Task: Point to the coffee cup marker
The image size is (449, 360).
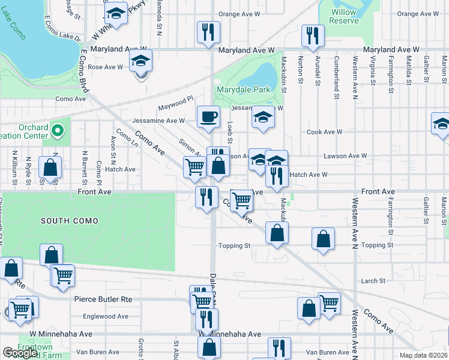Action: tap(208, 116)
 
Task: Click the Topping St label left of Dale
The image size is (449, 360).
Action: tap(234, 246)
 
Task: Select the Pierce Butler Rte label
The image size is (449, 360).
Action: tap(103, 298)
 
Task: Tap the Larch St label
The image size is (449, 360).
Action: tap(373, 281)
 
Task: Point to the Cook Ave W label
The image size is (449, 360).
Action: tap(324, 132)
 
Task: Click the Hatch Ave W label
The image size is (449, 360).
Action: tap(309, 175)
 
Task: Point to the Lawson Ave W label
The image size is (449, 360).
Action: tap(345, 156)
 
